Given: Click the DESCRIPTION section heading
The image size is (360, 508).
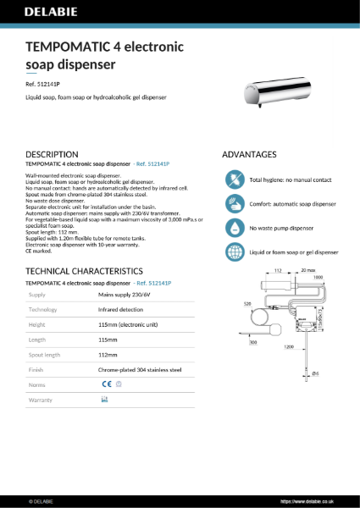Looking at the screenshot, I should [x=53, y=154].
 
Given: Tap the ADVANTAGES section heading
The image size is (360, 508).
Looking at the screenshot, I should [x=249, y=155].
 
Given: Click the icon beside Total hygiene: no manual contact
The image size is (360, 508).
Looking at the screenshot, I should [x=234, y=180].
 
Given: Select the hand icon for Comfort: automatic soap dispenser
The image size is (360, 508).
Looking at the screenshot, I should [x=234, y=204].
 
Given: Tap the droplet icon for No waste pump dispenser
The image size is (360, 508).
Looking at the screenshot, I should [x=234, y=229].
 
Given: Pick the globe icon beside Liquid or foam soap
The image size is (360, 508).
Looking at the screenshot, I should [x=234, y=252].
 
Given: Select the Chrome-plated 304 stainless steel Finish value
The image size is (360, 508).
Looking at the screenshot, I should [x=141, y=369].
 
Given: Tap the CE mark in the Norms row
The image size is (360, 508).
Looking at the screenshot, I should [x=106, y=384].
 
